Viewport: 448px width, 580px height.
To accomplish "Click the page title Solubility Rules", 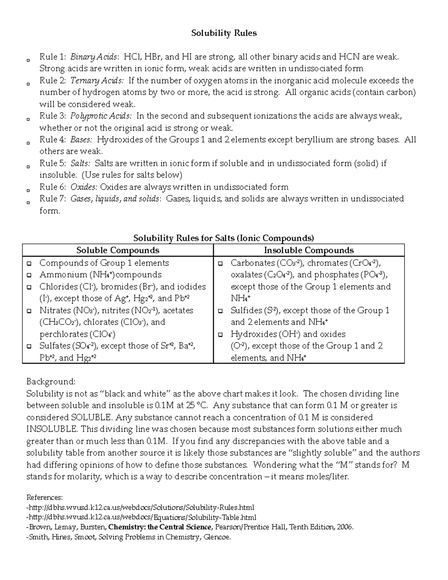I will [x=224, y=33].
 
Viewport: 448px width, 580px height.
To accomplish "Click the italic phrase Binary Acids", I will [x=94, y=57].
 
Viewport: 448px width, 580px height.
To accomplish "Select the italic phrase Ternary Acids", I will [x=97, y=81].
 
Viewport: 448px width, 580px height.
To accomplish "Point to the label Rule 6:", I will [x=53, y=187].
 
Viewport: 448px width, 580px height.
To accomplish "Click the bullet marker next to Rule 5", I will [x=28, y=167].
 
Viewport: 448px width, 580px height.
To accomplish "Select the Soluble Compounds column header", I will [x=118, y=250].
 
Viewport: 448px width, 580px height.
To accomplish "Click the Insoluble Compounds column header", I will [x=309, y=250].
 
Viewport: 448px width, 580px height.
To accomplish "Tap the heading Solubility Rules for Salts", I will [x=224, y=238].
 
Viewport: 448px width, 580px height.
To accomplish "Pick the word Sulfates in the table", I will [x=55, y=346].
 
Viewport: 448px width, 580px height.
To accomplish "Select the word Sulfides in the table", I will [x=247, y=310].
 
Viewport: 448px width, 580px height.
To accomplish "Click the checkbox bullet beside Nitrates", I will [x=29, y=311].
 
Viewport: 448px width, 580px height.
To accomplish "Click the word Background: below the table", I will [x=51, y=382].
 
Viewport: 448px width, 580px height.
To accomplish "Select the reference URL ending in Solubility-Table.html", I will [x=141, y=517].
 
